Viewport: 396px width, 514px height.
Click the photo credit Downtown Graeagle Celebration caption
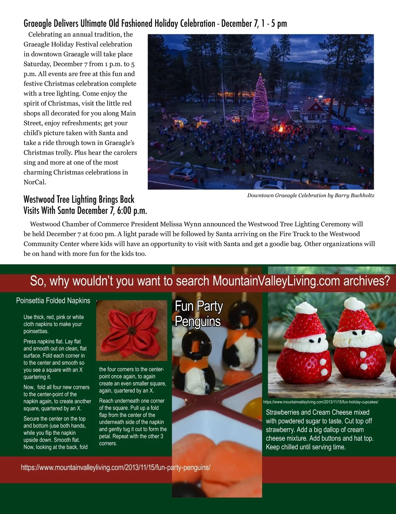pos(311,195)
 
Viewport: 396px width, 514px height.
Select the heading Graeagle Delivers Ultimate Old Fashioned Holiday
pos(155,23)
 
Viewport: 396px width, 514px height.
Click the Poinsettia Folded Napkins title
pos(53,301)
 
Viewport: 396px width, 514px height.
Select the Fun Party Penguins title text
pos(198,314)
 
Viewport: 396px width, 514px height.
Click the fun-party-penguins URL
pos(115,467)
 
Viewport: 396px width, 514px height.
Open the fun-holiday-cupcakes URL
pos(320,402)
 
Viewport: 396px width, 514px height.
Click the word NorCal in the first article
pos(35,182)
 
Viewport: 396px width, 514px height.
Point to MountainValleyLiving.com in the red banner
pos(276,281)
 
